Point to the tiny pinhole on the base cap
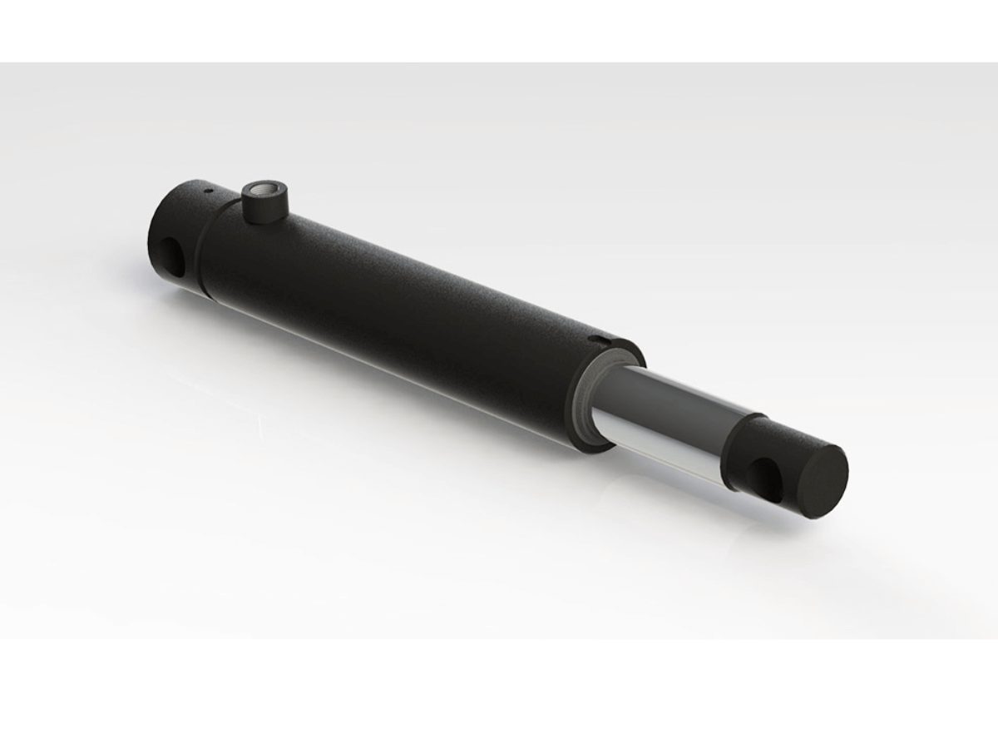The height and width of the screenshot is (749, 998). tap(211, 190)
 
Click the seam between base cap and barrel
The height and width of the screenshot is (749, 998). tap(201, 250)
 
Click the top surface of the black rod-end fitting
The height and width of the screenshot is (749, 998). tap(782, 429)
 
